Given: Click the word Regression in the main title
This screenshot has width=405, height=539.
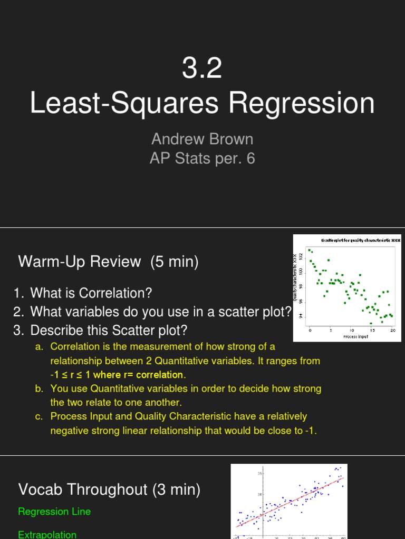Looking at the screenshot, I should click(302, 103).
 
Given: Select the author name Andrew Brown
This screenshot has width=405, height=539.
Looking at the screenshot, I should click(202, 139).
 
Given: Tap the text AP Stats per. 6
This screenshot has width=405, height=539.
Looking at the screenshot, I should click(202, 158).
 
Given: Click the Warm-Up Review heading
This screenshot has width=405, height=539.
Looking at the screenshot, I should click(108, 261).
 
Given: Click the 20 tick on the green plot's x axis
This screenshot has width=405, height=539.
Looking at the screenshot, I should click(393, 331).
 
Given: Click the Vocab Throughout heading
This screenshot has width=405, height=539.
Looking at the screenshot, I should click(109, 490).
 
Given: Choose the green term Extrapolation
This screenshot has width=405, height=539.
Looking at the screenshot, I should click(47, 534).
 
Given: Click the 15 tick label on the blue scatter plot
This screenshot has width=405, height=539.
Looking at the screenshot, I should click(259, 474).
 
